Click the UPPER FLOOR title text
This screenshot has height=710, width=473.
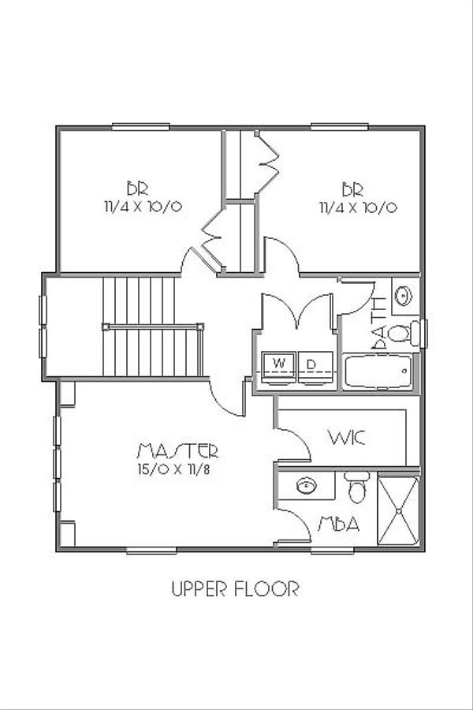pos(235,589)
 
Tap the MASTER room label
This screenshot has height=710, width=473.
pos(177,451)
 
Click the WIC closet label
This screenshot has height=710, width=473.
pos(347,437)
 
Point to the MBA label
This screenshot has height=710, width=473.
pos(339,524)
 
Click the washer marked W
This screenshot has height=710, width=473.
pos(278,364)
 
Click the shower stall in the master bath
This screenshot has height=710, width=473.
pos(398,510)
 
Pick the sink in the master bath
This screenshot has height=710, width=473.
pos(305,484)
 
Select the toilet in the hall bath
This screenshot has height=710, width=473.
pos(401,332)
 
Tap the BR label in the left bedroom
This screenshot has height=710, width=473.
pos(137,189)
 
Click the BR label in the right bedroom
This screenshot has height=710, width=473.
pos(352,189)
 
